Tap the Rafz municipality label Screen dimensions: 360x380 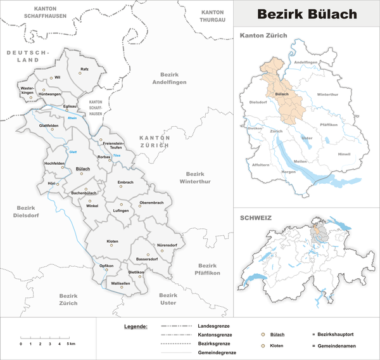(x=84, y=68)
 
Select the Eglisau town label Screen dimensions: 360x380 (x=71, y=98)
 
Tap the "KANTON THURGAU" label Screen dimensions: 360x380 (x=217, y=16)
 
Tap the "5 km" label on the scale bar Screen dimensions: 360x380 (x=71, y=343)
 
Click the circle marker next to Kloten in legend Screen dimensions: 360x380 (x=263, y=346)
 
